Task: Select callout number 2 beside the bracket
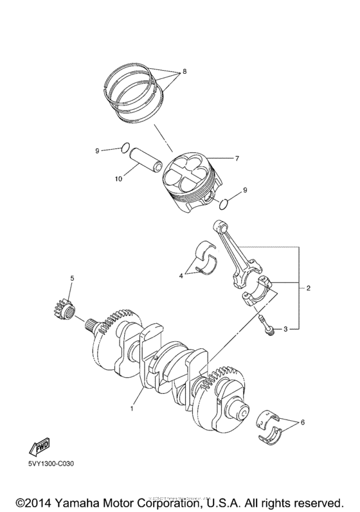309,288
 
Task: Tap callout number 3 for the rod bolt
285,330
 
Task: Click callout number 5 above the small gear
72,278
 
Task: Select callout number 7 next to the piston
237,157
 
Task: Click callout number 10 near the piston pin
118,179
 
